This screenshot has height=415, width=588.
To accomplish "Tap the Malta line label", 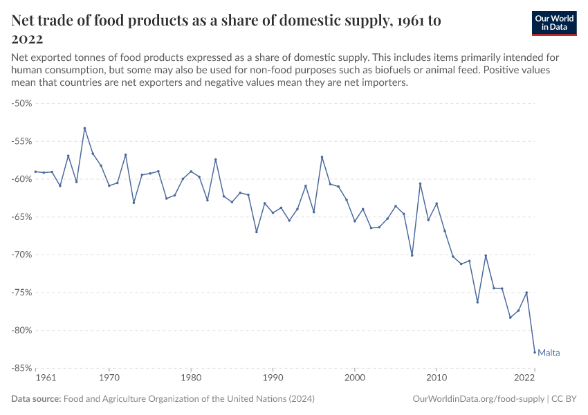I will click(549, 353).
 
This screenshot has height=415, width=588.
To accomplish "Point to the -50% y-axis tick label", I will click(23, 103).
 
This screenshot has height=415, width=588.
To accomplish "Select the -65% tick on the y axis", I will click(23, 216).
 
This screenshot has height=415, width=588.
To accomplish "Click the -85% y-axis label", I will click(23, 368).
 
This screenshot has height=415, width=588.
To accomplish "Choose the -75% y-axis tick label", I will click(23, 292).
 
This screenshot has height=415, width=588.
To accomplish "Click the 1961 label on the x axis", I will click(45, 378).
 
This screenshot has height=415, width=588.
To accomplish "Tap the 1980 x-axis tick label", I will click(191, 378).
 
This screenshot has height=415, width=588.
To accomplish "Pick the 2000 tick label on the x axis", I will click(355, 378).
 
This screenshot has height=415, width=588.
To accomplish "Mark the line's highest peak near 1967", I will click(84, 128).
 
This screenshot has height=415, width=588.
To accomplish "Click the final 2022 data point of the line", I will click(535, 352).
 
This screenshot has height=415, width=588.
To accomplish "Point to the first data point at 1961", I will click(35, 172).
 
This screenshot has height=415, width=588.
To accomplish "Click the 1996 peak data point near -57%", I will click(322, 157).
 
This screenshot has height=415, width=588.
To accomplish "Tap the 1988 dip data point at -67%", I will click(257, 232).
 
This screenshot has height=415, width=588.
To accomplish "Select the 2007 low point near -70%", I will click(412, 255).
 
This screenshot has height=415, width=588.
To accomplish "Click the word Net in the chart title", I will click(25, 21).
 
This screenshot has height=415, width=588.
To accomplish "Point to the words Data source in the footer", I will click(36, 399).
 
